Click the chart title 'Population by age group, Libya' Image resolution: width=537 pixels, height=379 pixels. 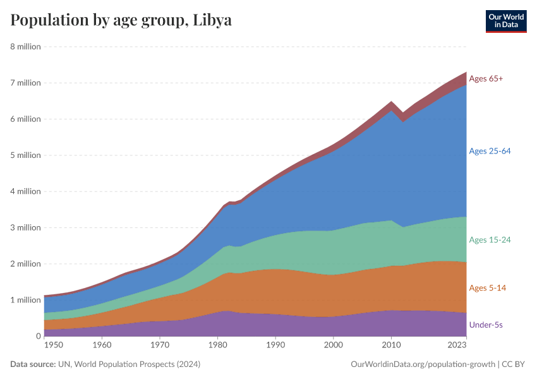coord(121,20)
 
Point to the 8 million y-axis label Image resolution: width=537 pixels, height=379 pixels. coord(25,47)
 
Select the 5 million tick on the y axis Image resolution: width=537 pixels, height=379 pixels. coord(25,155)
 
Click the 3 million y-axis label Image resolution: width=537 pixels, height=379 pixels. coord(25,227)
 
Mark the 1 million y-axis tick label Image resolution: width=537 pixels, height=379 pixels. coord(25,300)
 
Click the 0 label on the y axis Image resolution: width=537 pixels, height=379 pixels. coord(38,336)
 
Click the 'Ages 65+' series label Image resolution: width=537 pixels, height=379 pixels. coord(486,78)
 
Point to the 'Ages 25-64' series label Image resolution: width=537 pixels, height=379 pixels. coord(490,151)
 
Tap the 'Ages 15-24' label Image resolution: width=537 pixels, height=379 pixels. coord(490,240)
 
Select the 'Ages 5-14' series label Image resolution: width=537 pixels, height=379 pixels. coord(487,288)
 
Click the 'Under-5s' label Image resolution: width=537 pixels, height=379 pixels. coord(486,325)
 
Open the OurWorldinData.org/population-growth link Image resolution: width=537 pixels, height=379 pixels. coord(421,364)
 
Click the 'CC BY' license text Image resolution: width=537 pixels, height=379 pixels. coord(514,364)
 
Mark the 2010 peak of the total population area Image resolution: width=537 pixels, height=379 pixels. coord(392,102)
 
